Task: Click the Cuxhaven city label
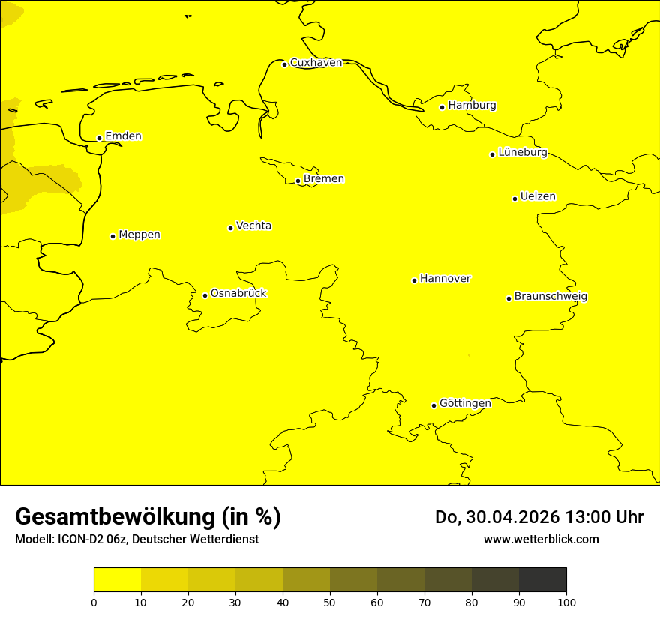point(316,63)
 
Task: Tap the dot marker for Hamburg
point(442,107)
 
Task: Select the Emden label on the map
point(123,136)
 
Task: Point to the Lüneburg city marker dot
point(492,154)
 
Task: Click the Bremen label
point(323,179)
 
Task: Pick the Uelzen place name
point(538,197)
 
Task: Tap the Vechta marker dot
point(230,228)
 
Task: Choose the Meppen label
point(139,235)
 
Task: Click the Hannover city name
point(445,279)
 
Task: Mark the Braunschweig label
point(550,297)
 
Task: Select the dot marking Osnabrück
point(205,295)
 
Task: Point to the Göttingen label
point(465,403)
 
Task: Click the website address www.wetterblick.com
point(541,539)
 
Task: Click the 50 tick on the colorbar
point(330,602)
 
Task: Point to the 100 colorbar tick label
point(566,602)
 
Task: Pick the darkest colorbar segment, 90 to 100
point(542,580)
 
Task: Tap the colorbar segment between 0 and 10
point(117,580)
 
